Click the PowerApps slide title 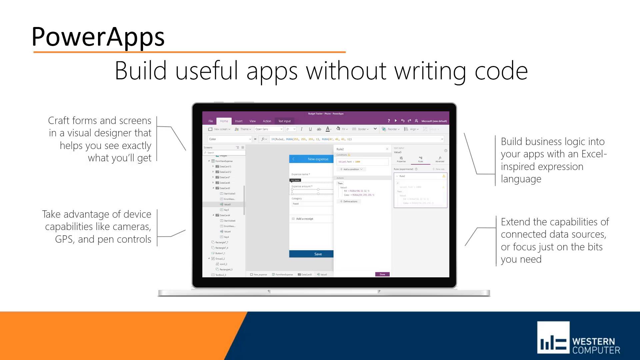(x=98, y=37)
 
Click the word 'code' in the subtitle (x=501, y=71)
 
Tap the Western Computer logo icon (x=553, y=337)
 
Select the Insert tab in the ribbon (x=239, y=121)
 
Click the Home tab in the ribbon (x=224, y=121)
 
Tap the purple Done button (x=382, y=274)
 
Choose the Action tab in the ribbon (x=267, y=121)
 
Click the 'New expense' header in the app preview (x=318, y=159)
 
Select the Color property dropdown (x=230, y=139)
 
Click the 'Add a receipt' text (x=305, y=219)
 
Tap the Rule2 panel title (x=340, y=149)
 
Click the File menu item (x=211, y=121)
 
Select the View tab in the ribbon (x=253, y=121)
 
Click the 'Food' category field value (x=296, y=204)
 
